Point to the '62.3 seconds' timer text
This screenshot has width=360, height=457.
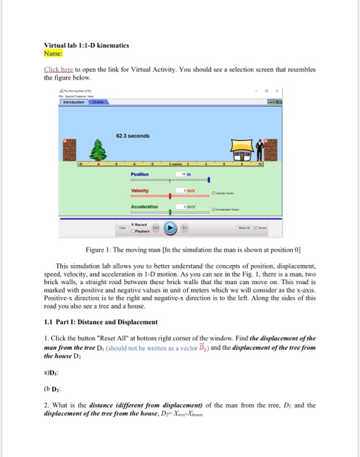click(x=133, y=136)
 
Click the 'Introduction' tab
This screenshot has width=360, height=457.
click(x=74, y=102)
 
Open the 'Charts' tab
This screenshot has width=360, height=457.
click(x=97, y=102)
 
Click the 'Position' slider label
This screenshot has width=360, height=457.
click(x=140, y=175)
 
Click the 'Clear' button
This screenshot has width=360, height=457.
click(x=123, y=228)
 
